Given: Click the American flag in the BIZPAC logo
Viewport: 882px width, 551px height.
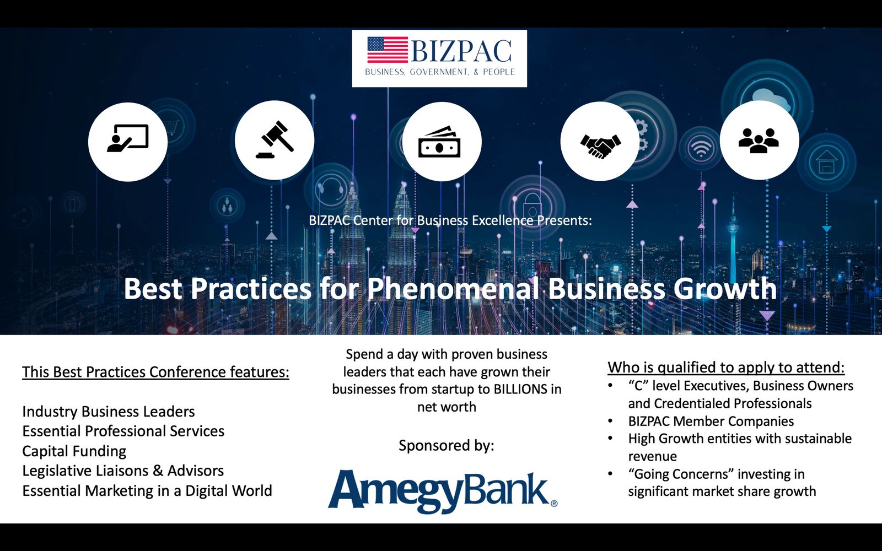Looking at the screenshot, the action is pos(388,50).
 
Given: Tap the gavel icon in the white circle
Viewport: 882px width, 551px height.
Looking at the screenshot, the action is pos(275,139).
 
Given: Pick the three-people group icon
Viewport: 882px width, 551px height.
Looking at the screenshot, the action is pos(759,141).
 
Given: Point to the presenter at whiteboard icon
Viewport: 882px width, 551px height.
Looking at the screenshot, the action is pos(127,138).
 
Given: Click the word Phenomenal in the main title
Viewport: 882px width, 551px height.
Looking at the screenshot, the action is pos(453,289).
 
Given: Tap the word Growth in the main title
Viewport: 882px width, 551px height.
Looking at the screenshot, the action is pos(725,289).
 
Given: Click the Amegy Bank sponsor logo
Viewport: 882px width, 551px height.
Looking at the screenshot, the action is pos(443,491).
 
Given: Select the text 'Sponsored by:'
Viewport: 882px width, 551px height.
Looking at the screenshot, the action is pos(446,446).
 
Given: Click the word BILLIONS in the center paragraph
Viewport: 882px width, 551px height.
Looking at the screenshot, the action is pos(520,389).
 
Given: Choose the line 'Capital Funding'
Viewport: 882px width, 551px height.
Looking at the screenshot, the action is pos(74,451).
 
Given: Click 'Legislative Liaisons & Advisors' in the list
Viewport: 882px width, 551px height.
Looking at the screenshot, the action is pos(123,471).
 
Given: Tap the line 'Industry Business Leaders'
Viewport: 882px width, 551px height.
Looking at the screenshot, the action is pos(108,412).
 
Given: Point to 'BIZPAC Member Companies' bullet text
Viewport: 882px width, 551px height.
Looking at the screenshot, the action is pos(711,421).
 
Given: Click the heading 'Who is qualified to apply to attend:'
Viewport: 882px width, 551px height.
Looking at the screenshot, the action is pos(726,368).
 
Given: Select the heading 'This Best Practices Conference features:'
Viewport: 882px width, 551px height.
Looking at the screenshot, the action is pos(155,372).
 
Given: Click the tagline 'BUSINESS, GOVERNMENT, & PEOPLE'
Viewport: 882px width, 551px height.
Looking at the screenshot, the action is pos(440,72).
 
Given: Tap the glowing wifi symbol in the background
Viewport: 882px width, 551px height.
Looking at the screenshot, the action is pos(701,149).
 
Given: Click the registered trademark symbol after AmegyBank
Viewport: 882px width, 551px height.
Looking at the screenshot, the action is pos(553,504).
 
